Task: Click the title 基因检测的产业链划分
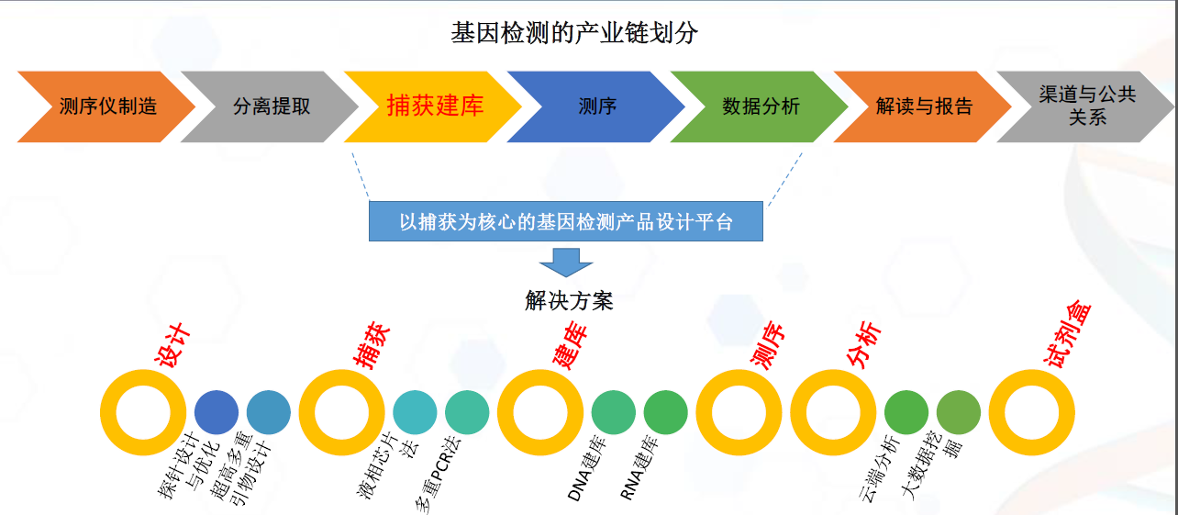coord(574,34)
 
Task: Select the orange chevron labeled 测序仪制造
coord(107,106)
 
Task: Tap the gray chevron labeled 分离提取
coord(271,106)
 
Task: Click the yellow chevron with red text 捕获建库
coord(434,106)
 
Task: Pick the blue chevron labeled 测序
coord(597,106)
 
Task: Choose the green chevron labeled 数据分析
coord(761,106)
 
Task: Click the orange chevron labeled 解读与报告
coord(924,106)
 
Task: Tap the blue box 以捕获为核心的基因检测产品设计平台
coord(566,221)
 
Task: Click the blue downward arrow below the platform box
coord(566,262)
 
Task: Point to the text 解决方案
coord(569,301)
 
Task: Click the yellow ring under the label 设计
coord(143,413)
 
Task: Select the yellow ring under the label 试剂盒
coord(1032,413)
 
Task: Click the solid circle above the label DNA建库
coord(614,413)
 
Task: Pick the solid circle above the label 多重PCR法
coord(468,413)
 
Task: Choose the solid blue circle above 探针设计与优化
coord(217,413)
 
